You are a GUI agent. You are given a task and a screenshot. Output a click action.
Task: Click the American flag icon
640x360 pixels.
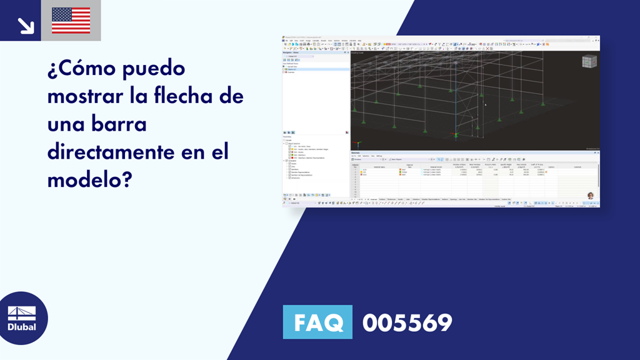pos(71,21)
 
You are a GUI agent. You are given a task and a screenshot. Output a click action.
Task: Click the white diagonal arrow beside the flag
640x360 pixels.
pos(26,24)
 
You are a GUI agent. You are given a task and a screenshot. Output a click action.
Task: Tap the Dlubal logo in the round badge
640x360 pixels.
pos(21,318)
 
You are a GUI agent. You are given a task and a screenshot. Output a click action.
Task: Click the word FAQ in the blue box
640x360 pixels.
pos(317,322)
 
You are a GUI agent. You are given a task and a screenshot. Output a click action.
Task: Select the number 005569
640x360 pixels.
pos(407,322)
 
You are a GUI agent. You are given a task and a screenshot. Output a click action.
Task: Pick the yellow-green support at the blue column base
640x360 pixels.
pos(456,134)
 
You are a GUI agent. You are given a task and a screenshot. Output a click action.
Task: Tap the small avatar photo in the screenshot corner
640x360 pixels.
pos(590,196)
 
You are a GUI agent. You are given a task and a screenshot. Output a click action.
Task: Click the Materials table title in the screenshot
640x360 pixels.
pos(356,152)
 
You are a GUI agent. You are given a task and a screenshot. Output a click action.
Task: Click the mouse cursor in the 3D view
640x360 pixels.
pos(486,104)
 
